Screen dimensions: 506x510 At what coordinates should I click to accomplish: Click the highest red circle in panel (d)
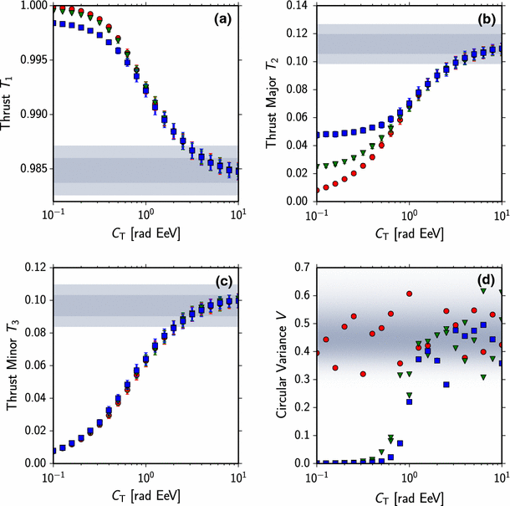point(410,294)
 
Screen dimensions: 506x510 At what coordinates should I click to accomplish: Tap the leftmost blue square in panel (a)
point(54,23)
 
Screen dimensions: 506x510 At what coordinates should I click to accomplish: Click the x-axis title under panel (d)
point(409,497)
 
